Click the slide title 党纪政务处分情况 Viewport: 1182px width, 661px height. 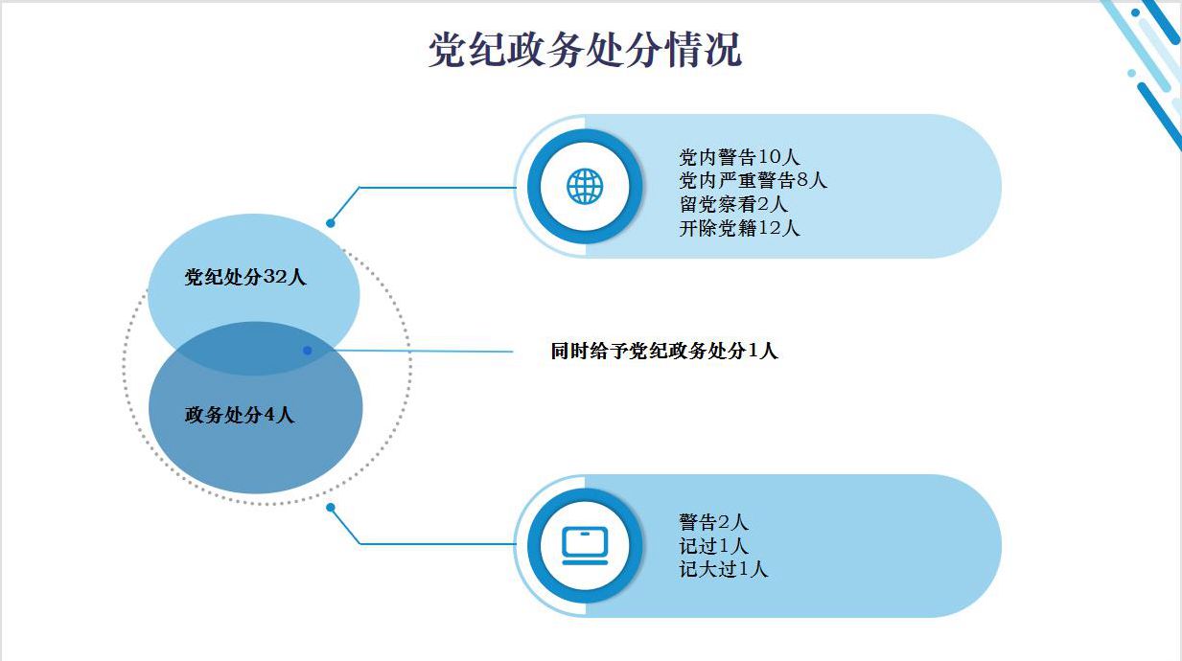click(x=584, y=50)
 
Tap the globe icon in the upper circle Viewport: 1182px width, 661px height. click(x=584, y=186)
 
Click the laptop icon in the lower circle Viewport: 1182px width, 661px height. click(x=585, y=545)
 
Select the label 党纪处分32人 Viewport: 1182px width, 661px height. click(x=245, y=278)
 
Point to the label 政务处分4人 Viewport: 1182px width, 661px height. click(x=240, y=415)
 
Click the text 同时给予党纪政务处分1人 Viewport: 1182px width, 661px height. click(x=663, y=351)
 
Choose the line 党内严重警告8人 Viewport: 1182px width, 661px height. click(x=753, y=180)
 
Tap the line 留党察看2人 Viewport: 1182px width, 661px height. click(x=733, y=204)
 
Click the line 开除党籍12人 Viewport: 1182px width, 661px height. click(x=739, y=228)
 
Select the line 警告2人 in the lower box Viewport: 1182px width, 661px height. click(x=713, y=522)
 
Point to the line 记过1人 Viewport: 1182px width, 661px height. click(x=713, y=546)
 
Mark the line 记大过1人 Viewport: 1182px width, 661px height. click(x=724, y=569)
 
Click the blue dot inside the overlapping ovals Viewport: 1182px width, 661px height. click(x=307, y=351)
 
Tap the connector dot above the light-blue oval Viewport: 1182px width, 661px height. click(x=331, y=223)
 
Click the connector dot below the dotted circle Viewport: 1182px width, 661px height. click(x=331, y=507)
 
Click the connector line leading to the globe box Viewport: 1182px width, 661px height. click(x=431, y=187)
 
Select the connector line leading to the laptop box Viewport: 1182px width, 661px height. click(x=431, y=544)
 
